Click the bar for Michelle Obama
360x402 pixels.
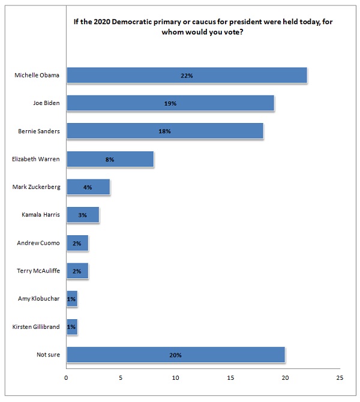point(187,76)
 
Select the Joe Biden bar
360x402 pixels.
point(170,103)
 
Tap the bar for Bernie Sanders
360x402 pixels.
point(165,131)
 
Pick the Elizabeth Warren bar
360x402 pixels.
point(110,159)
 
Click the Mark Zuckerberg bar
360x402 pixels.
point(88,187)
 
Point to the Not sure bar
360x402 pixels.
point(176,355)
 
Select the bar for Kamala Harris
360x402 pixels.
point(83,215)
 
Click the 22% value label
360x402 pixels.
point(187,76)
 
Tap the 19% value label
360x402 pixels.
point(170,103)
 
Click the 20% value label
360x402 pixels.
point(176,355)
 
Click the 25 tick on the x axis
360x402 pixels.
point(340,378)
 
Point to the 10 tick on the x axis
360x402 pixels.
point(176,378)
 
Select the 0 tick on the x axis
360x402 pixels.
point(67,378)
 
